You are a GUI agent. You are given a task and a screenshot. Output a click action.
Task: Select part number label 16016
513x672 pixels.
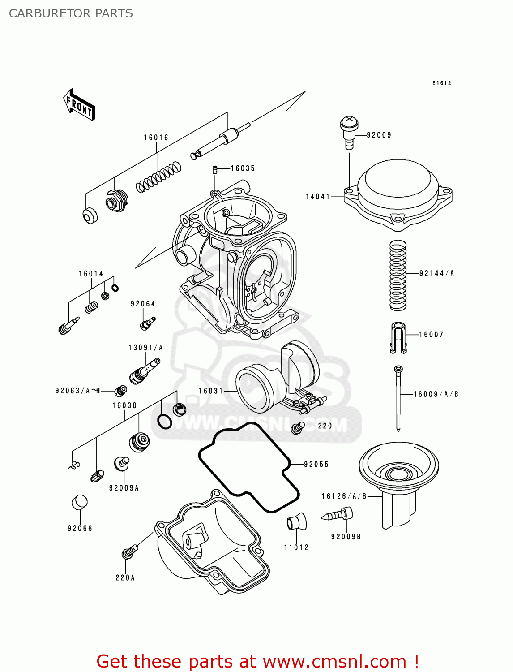[156, 138]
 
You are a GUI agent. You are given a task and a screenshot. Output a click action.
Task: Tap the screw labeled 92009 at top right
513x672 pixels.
[349, 131]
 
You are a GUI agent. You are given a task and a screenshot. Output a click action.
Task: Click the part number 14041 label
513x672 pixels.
[318, 197]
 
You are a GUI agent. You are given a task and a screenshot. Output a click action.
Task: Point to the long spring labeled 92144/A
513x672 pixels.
[398, 275]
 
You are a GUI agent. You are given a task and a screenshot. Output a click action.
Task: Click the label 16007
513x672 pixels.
[431, 334]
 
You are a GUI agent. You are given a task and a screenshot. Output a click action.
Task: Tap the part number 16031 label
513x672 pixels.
[211, 391]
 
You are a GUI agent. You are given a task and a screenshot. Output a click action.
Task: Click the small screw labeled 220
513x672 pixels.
[298, 428]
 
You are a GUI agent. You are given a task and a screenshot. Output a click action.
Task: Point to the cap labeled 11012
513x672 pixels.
[296, 522]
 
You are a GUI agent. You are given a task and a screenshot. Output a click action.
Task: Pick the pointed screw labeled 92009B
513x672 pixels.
[338, 515]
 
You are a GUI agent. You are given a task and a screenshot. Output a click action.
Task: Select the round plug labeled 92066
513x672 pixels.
[80, 503]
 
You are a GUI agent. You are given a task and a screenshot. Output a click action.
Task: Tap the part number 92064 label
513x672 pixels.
[143, 304]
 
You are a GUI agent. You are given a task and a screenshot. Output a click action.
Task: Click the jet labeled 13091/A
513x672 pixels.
[144, 370]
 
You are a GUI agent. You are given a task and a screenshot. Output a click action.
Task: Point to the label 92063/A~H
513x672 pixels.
[77, 391]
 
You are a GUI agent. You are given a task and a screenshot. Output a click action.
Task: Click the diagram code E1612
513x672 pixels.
[442, 83]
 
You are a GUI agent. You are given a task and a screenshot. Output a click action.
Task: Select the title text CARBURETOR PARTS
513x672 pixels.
[71, 13]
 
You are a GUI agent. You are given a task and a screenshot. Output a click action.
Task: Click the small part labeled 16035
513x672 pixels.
[215, 169]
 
